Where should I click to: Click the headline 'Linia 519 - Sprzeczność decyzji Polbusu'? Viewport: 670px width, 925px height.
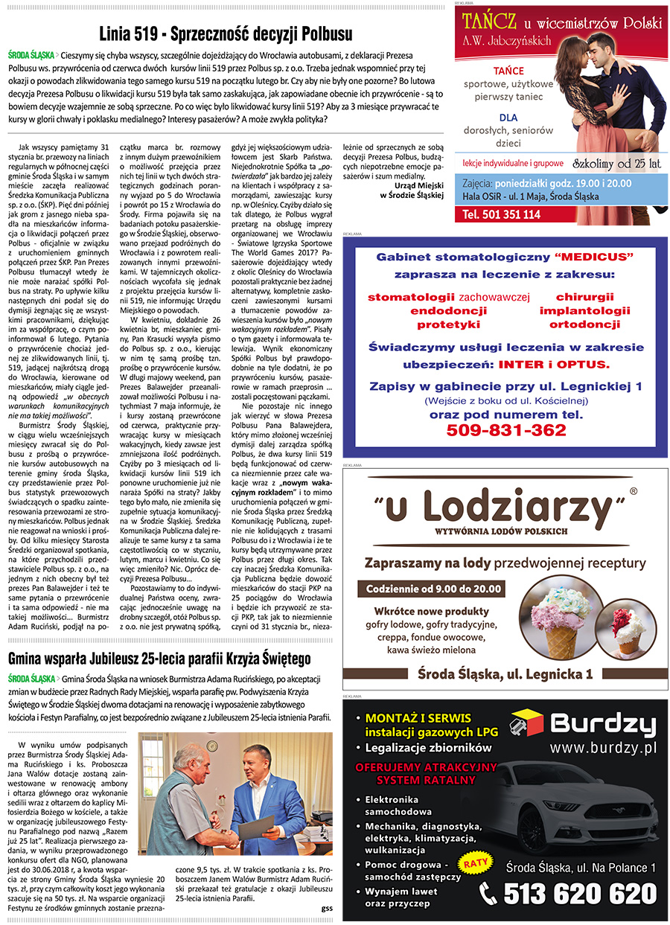(x=226, y=34)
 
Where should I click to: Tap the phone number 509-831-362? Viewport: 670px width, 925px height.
(x=506, y=429)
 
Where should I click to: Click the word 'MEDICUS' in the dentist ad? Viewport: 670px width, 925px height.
(x=594, y=257)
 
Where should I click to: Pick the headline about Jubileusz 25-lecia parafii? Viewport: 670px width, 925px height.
(x=159, y=659)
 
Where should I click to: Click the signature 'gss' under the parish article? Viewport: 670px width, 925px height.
(x=327, y=908)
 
